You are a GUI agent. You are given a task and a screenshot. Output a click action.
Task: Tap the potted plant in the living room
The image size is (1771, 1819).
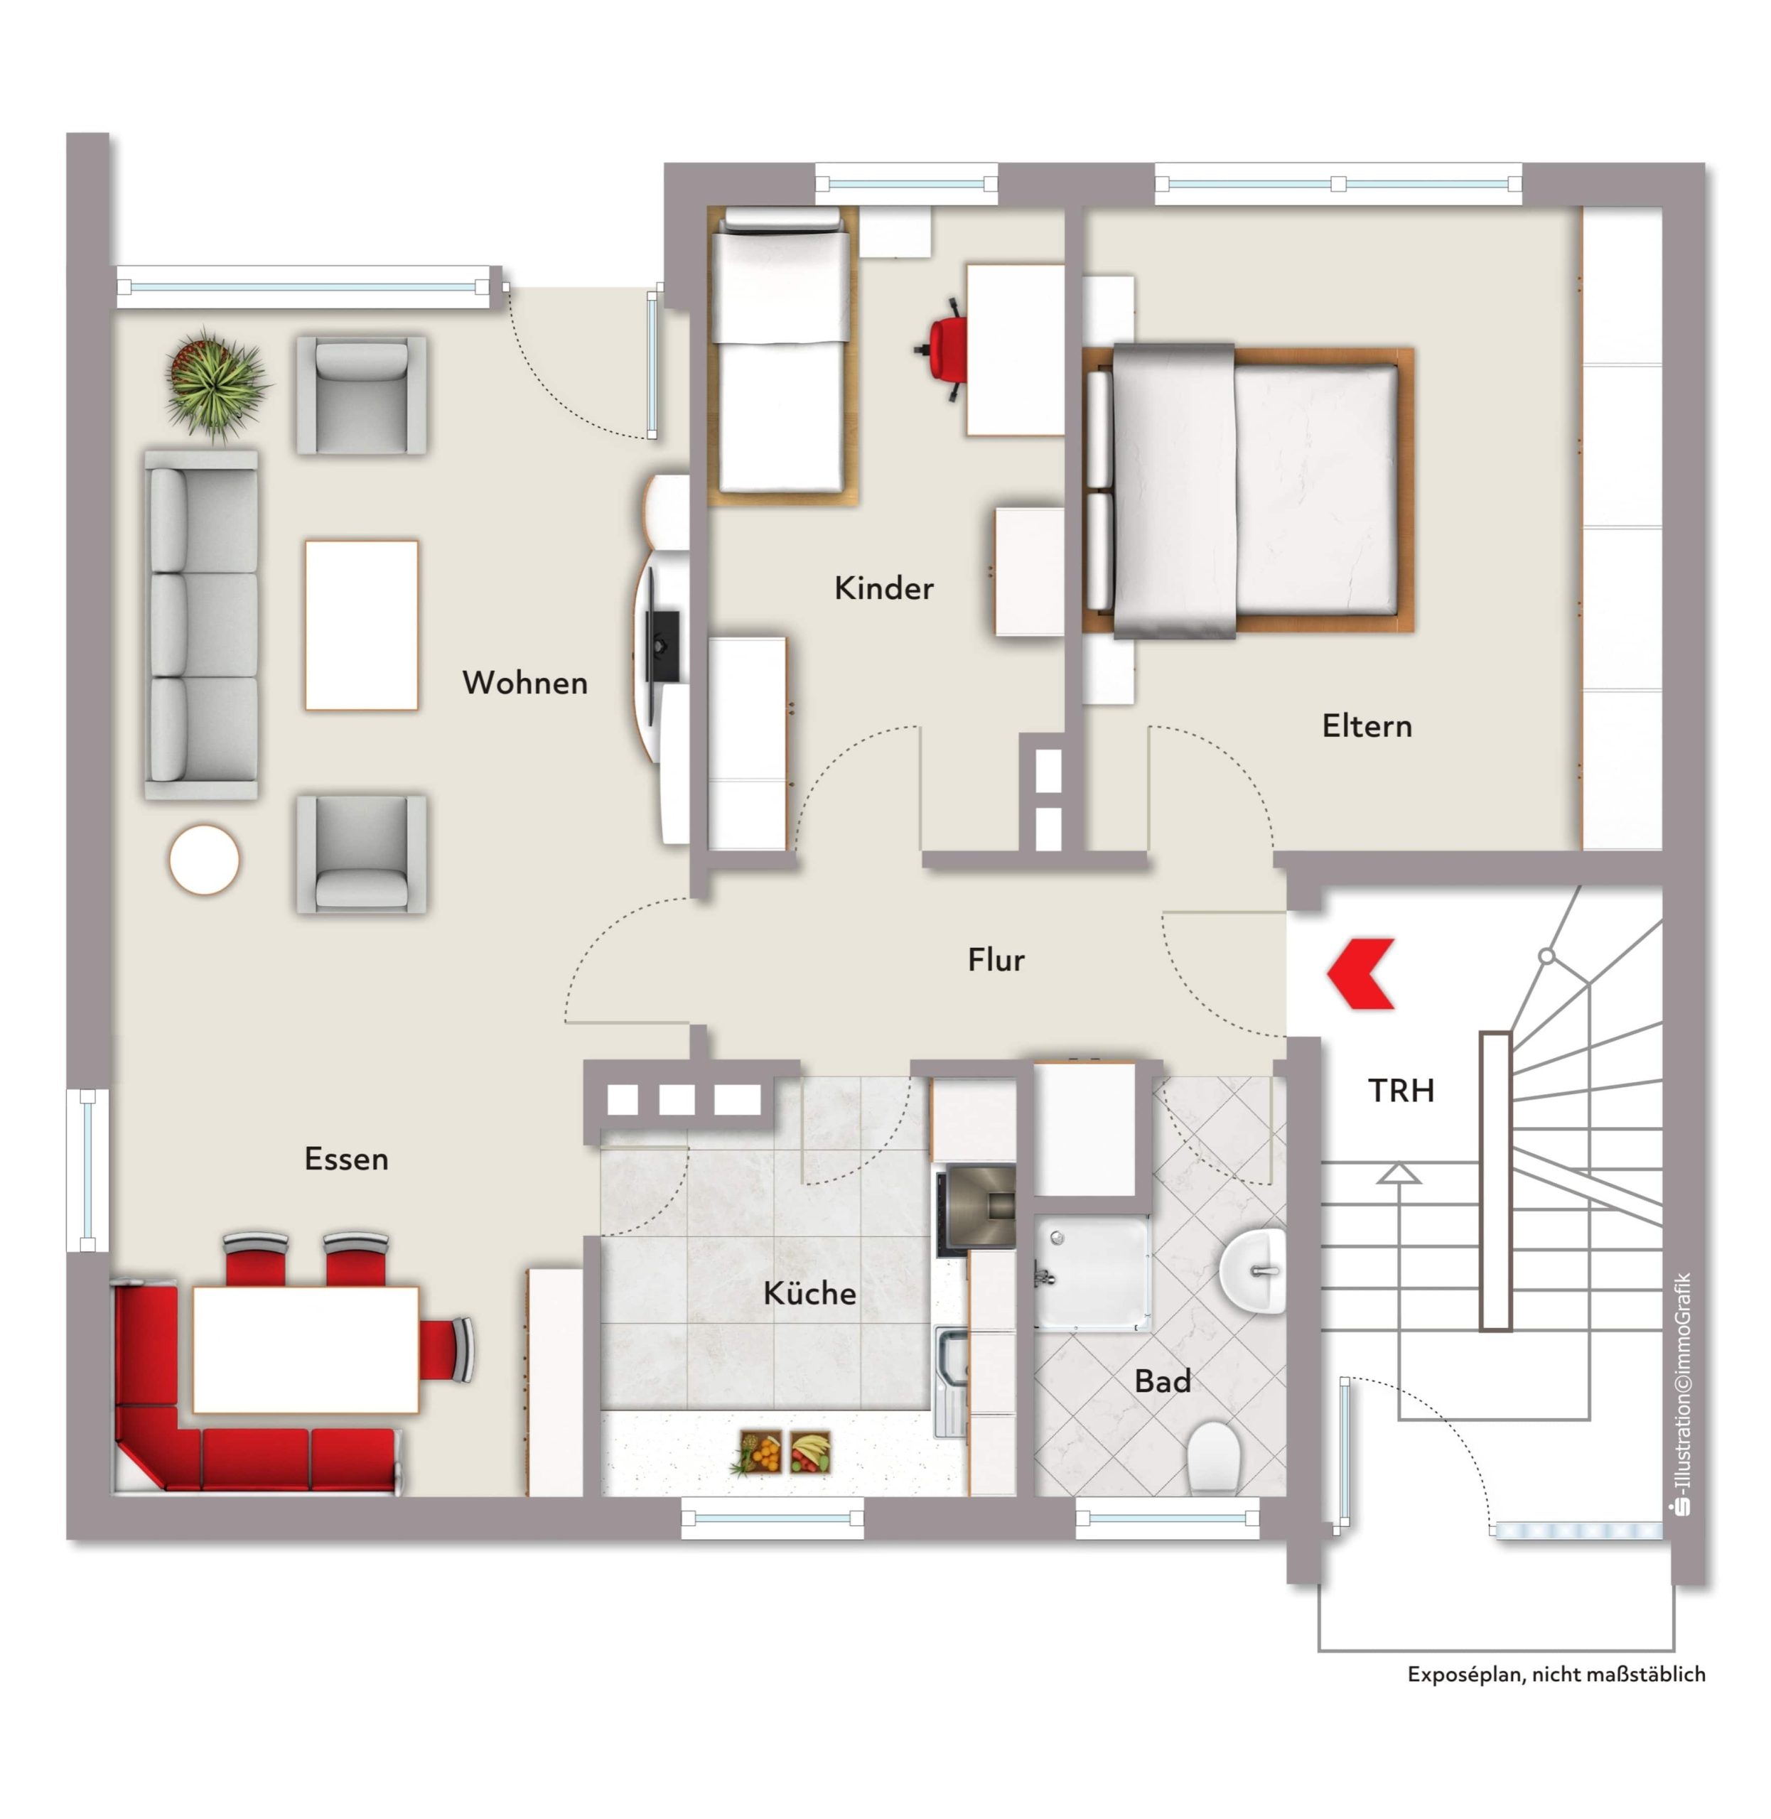pyautogui.click(x=216, y=382)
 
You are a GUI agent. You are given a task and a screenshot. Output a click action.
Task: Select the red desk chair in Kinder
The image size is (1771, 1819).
pyautogui.click(x=943, y=350)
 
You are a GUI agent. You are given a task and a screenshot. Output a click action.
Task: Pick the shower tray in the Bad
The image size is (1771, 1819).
pyautogui.click(x=1092, y=1272)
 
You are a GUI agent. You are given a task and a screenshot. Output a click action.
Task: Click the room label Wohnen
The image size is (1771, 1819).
pyautogui.click(x=524, y=684)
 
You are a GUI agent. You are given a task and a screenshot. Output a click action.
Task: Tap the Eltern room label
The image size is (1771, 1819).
pyautogui.click(x=1367, y=726)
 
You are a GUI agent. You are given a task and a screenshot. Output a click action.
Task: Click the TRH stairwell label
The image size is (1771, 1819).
pyautogui.click(x=1401, y=1090)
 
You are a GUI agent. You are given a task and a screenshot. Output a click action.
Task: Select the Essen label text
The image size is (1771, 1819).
pyautogui.click(x=346, y=1159)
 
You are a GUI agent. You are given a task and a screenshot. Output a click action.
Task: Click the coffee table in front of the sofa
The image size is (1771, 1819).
pyautogui.click(x=362, y=625)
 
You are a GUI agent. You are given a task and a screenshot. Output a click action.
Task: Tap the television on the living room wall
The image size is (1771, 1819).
pyautogui.click(x=662, y=644)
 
